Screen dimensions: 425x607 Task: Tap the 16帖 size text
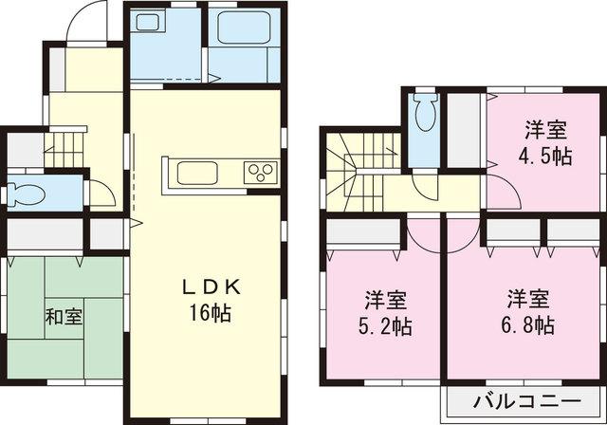pyautogui.click(x=209, y=312)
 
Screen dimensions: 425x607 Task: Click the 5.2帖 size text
pyautogui.click(x=386, y=325)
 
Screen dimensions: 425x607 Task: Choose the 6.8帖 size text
pyautogui.click(x=528, y=324)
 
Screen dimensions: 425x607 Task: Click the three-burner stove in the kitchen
pyautogui.click(x=260, y=173)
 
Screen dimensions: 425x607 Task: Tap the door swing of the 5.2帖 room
pyautogui.click(x=424, y=234)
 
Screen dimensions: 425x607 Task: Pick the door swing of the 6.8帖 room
pyautogui.click(x=462, y=234)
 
